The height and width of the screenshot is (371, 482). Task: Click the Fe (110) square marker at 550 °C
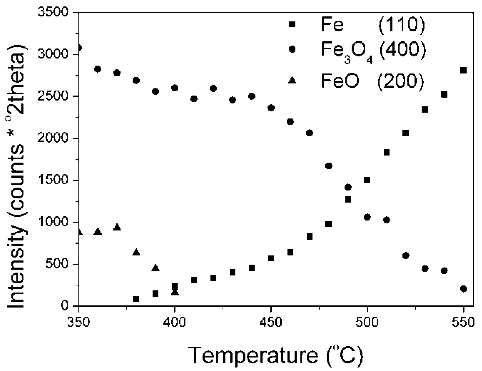coord(463,70)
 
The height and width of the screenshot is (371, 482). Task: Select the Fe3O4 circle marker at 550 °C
coord(463,289)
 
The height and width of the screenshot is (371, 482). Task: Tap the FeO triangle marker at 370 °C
coord(117,227)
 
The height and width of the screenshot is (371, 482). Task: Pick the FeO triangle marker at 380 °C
coord(136,252)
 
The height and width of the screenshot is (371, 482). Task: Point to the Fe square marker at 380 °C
coord(136,299)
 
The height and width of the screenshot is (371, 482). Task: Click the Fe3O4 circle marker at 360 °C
coord(98,69)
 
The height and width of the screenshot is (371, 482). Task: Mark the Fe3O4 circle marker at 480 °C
coord(329,166)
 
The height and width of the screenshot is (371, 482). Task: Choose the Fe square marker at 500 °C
coord(367,180)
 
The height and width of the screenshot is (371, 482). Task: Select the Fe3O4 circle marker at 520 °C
coord(406,256)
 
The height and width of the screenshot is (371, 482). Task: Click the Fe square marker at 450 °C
coord(271,258)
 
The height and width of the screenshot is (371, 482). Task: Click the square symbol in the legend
coord(292,24)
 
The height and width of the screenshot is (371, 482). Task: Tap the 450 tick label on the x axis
coord(271,322)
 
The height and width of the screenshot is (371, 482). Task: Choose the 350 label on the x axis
coord(79,322)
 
